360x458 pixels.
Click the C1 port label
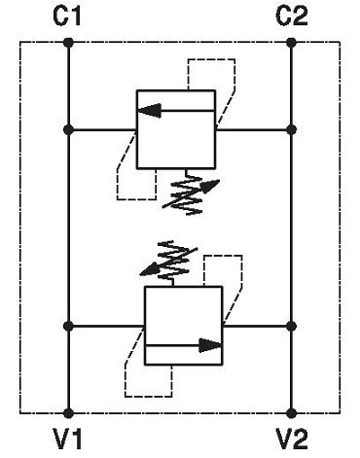coord(67,17)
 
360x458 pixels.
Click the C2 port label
coord(292,17)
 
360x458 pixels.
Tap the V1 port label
coord(67,439)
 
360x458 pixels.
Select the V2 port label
coord(292,439)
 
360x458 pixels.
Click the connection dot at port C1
coord(68,42)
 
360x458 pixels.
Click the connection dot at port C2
coord(291,42)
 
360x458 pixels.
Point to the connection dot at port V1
coord(68,413)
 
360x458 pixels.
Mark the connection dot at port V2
coord(291,413)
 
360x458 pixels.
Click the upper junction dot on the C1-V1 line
coord(68,130)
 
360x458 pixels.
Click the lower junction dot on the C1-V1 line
coord(68,326)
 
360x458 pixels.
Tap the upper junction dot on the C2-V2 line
coord(291,130)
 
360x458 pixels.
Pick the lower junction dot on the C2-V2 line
coord(291,326)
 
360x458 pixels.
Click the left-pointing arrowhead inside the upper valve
coord(150,111)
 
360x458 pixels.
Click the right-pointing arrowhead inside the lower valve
coord(210,345)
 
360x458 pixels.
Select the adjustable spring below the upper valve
coord(190,193)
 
